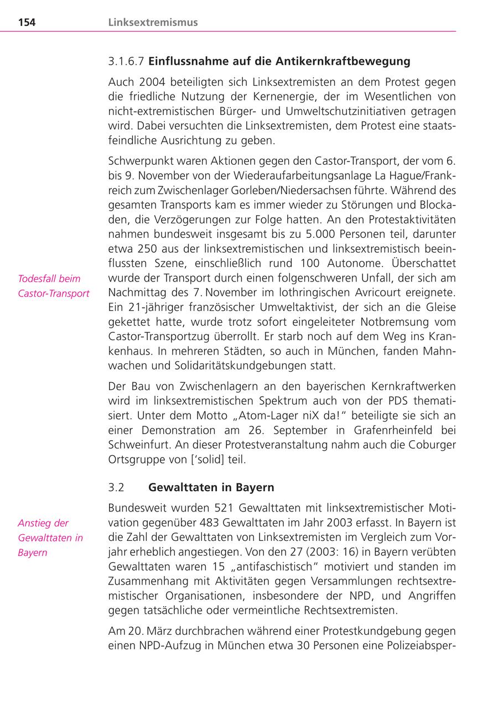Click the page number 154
(x=27, y=23)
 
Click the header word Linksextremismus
(x=153, y=23)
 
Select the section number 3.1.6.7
(x=126, y=61)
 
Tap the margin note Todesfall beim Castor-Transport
(x=53, y=286)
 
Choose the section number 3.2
(x=116, y=488)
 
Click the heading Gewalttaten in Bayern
(x=211, y=488)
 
